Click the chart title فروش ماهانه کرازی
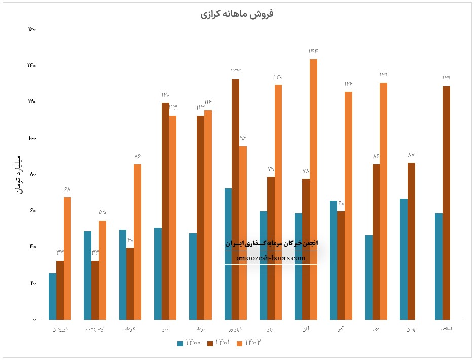pyautogui.click(x=237, y=14)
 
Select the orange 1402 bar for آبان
pyautogui.click(x=314, y=190)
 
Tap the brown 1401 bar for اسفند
pyautogui.click(x=446, y=203)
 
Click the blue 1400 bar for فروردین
pyautogui.click(x=53, y=297)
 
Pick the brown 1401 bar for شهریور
pyautogui.click(x=236, y=199)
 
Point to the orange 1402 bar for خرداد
pyautogui.click(x=138, y=242)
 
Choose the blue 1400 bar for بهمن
pyautogui.click(x=404, y=259)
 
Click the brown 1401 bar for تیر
pyautogui.click(x=166, y=211)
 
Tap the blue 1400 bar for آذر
pyautogui.click(x=334, y=260)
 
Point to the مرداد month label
pyautogui.click(x=201, y=329)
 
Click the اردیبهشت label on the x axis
pyautogui.click(x=95, y=329)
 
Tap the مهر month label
pyautogui.click(x=271, y=329)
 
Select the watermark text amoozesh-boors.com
pyautogui.click(x=271, y=258)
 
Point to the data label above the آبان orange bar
pyautogui.click(x=313, y=51)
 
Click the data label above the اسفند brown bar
pyautogui.click(x=446, y=78)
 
